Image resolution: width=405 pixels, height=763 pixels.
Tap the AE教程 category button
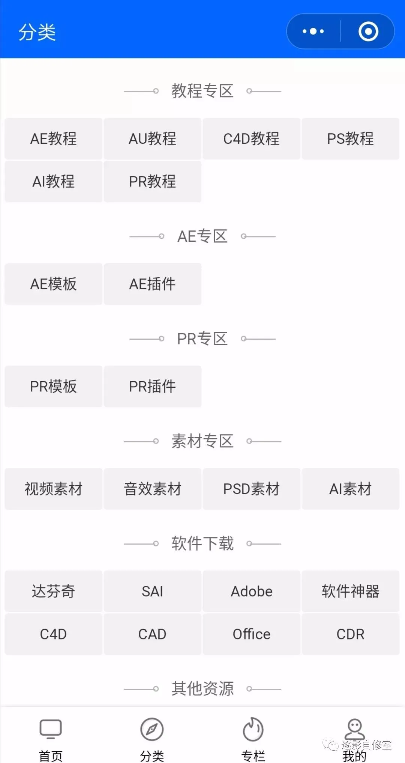pos(53,139)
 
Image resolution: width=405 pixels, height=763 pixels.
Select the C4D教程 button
pos(251,139)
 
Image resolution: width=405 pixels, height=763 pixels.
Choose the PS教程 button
pos(350,139)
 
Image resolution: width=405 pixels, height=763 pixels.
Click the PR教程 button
pos(152,182)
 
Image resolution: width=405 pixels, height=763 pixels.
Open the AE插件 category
pos(152,284)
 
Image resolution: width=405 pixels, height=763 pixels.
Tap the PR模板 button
pos(53,387)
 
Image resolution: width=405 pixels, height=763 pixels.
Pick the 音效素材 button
pos(152,489)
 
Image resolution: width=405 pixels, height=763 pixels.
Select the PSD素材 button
pos(251,489)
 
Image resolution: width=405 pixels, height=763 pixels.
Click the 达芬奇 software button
pos(53,591)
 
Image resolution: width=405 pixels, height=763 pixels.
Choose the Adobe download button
pos(251,591)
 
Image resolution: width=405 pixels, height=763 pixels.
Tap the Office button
pos(251,634)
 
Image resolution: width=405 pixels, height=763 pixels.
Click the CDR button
pos(350,634)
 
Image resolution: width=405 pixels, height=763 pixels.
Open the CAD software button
pos(152,634)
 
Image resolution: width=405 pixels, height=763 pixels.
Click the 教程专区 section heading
pos(202,91)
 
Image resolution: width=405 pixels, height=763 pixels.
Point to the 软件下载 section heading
pos(202,544)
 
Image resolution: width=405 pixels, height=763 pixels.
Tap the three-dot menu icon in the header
pos(313,32)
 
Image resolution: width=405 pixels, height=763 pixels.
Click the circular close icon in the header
pos(368,32)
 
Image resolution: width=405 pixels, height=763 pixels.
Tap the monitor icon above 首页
pos(51,729)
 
